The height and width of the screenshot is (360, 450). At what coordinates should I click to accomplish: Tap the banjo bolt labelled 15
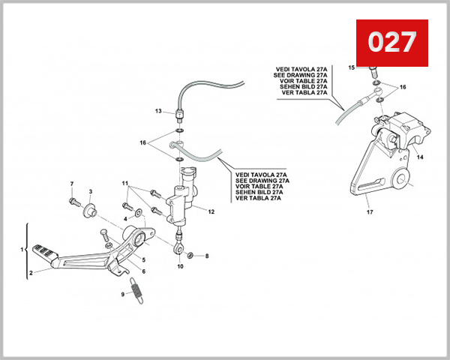372,72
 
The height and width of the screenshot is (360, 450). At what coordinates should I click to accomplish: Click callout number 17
370,212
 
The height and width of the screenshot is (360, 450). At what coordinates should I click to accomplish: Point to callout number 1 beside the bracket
22,247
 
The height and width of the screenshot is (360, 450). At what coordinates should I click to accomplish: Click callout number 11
126,183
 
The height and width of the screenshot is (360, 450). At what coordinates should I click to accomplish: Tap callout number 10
180,266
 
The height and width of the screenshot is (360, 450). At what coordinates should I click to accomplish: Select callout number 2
31,274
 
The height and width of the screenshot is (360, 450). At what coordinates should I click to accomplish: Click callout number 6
144,271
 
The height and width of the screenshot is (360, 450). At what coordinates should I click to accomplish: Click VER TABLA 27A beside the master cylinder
257,199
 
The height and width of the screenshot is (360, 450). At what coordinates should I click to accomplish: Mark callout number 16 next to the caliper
403,87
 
